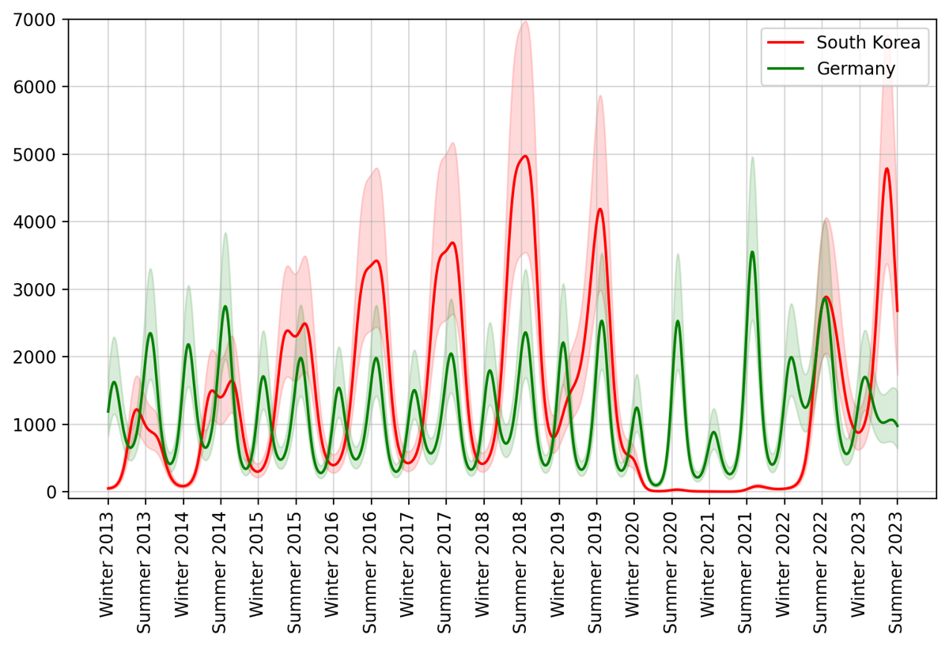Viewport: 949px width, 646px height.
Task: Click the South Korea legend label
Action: pos(868,43)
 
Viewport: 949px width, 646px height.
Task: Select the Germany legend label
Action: pos(856,70)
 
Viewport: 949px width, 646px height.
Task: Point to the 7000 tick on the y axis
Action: pos(40,19)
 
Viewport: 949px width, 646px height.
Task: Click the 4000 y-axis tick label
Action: pos(40,222)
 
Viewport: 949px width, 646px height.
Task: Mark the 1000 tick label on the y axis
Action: pos(40,425)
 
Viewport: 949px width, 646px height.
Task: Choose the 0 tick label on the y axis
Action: pos(52,493)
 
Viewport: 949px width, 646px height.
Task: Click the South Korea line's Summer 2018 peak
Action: pos(524,156)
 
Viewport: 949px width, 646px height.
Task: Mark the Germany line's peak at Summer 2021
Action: pos(752,252)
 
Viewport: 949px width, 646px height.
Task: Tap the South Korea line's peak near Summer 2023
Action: pos(887,168)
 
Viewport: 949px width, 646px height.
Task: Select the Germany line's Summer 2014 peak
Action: pos(225,307)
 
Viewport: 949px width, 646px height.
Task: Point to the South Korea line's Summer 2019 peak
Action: pos(600,210)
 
